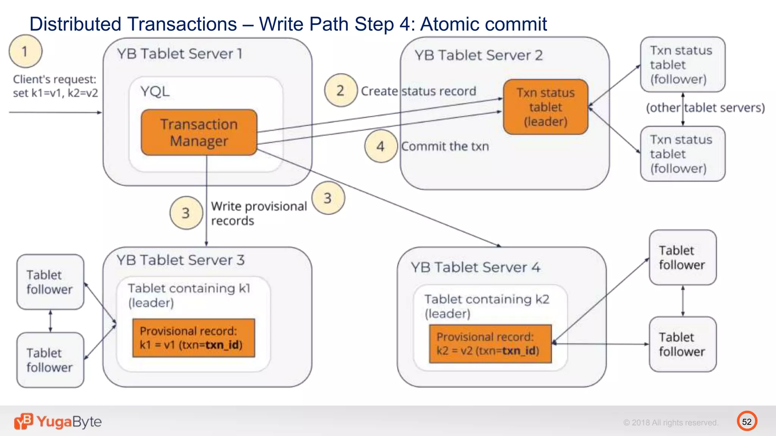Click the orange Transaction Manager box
(x=199, y=132)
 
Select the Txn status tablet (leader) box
(x=546, y=107)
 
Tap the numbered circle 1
(x=25, y=51)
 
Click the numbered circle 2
(x=341, y=90)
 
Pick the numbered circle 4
(x=380, y=146)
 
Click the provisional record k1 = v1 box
(x=194, y=338)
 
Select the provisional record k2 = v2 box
(x=490, y=344)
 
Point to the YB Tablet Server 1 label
(x=180, y=54)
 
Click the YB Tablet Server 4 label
(x=476, y=268)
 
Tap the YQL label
(x=155, y=92)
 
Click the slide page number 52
(x=747, y=422)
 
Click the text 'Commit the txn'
(x=445, y=146)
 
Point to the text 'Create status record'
(x=418, y=91)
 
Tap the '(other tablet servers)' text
(x=705, y=108)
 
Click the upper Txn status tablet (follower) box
(x=682, y=65)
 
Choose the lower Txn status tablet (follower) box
(x=682, y=154)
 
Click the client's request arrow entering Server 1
(x=55, y=112)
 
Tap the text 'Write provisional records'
(x=258, y=213)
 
